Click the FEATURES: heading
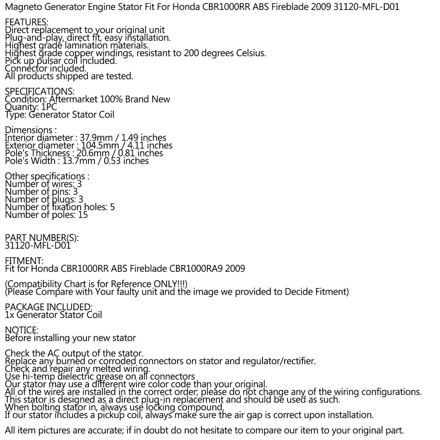(x=26, y=22)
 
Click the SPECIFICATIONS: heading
(x=40, y=91)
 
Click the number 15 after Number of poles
(x=83, y=215)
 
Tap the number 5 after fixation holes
(x=112, y=207)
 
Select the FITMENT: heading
(x=24, y=261)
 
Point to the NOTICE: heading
(x=22, y=330)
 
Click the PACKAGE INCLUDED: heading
(x=48, y=307)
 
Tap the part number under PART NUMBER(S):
(x=38, y=246)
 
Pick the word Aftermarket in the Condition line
(x=73, y=99)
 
